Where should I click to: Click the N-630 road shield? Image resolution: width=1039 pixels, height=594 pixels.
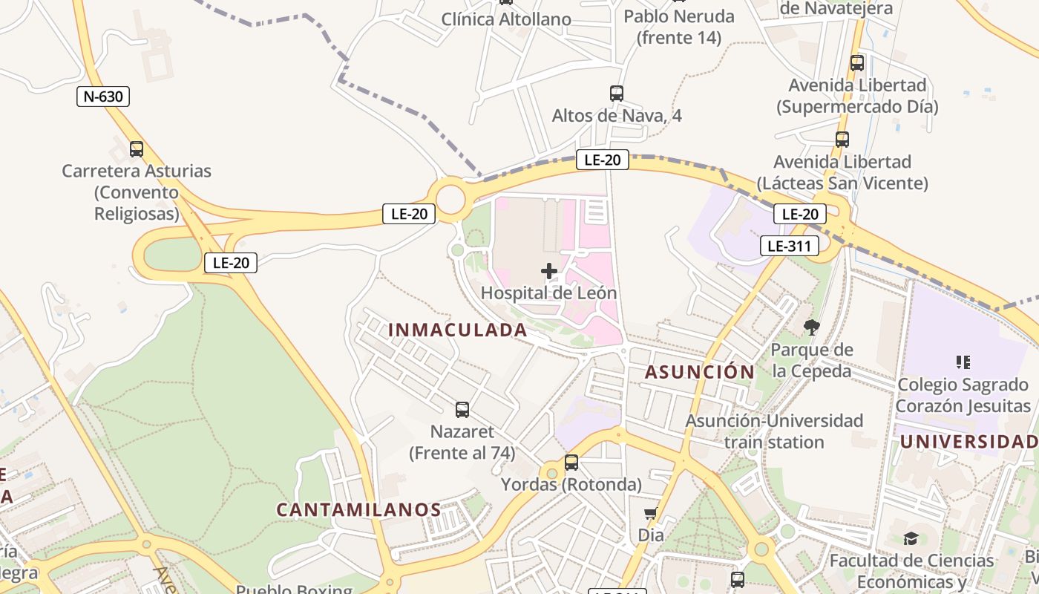[103, 96]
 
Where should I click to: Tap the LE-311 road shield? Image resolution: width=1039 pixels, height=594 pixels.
[789, 246]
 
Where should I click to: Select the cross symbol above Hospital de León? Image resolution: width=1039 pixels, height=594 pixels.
[549, 271]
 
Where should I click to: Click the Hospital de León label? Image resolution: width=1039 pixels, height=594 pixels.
[548, 293]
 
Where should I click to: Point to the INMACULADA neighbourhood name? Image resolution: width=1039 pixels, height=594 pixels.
[458, 330]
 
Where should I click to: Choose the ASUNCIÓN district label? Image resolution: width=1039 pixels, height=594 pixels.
[699, 372]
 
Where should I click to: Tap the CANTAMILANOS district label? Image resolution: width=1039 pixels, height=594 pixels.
[359, 509]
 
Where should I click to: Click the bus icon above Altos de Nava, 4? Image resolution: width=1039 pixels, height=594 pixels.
[616, 94]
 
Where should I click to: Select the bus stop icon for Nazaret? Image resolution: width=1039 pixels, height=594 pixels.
[462, 409]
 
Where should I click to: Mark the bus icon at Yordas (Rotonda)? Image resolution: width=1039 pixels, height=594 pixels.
[571, 463]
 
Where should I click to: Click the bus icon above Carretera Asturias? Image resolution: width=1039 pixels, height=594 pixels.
[137, 148]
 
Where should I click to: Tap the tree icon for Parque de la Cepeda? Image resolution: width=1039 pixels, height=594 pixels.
[812, 327]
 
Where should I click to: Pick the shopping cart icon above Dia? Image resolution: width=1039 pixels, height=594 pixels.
[651, 513]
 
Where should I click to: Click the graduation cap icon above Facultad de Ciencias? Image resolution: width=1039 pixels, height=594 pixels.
[911, 538]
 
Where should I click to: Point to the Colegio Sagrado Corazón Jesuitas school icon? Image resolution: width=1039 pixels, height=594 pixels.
[963, 362]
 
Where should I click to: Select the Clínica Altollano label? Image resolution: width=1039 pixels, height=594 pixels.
[506, 19]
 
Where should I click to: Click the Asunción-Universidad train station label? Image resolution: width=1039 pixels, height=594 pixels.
[774, 431]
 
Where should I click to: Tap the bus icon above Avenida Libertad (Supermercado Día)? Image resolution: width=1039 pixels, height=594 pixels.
[857, 63]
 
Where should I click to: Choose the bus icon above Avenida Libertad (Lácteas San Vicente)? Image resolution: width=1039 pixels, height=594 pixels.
[842, 139]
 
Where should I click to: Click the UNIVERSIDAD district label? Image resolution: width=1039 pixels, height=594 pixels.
[968, 442]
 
